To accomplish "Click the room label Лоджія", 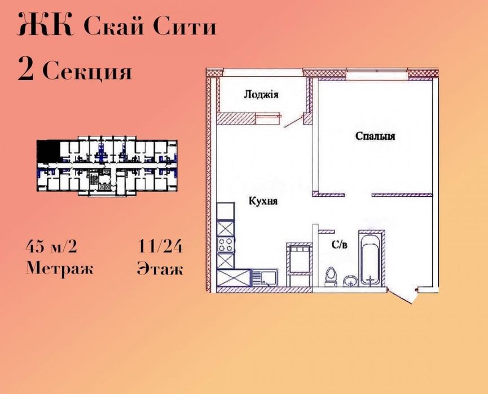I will click(261, 95).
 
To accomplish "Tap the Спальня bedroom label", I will click(375, 136).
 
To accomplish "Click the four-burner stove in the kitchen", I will click(226, 246).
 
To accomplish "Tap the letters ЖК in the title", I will click(46, 26).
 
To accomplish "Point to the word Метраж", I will click(60, 268).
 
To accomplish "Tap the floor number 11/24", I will click(160, 247).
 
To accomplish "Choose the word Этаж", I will click(160, 268).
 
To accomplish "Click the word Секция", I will click(87, 72).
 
